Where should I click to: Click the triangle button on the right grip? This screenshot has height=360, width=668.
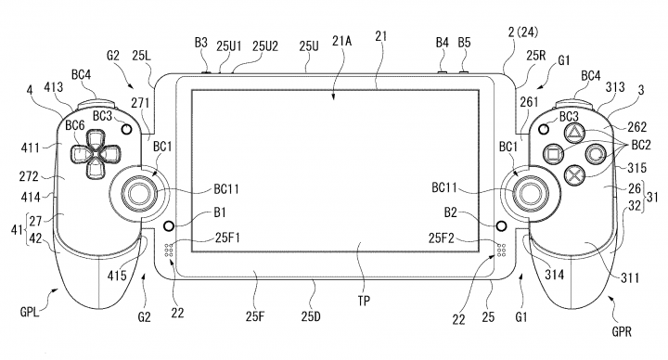click(x=573, y=134)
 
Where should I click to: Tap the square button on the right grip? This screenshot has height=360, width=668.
click(x=553, y=153)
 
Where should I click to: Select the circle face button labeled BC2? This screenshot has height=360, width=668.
click(x=595, y=154)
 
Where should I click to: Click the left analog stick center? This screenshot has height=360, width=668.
click(x=139, y=193)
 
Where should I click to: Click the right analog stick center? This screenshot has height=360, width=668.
click(x=529, y=193)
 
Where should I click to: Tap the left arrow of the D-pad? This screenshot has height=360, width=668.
click(x=80, y=154)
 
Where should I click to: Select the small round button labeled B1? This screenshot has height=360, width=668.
click(x=169, y=225)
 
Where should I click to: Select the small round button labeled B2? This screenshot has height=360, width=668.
click(x=501, y=225)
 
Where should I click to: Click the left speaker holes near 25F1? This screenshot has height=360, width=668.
click(x=168, y=251)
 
